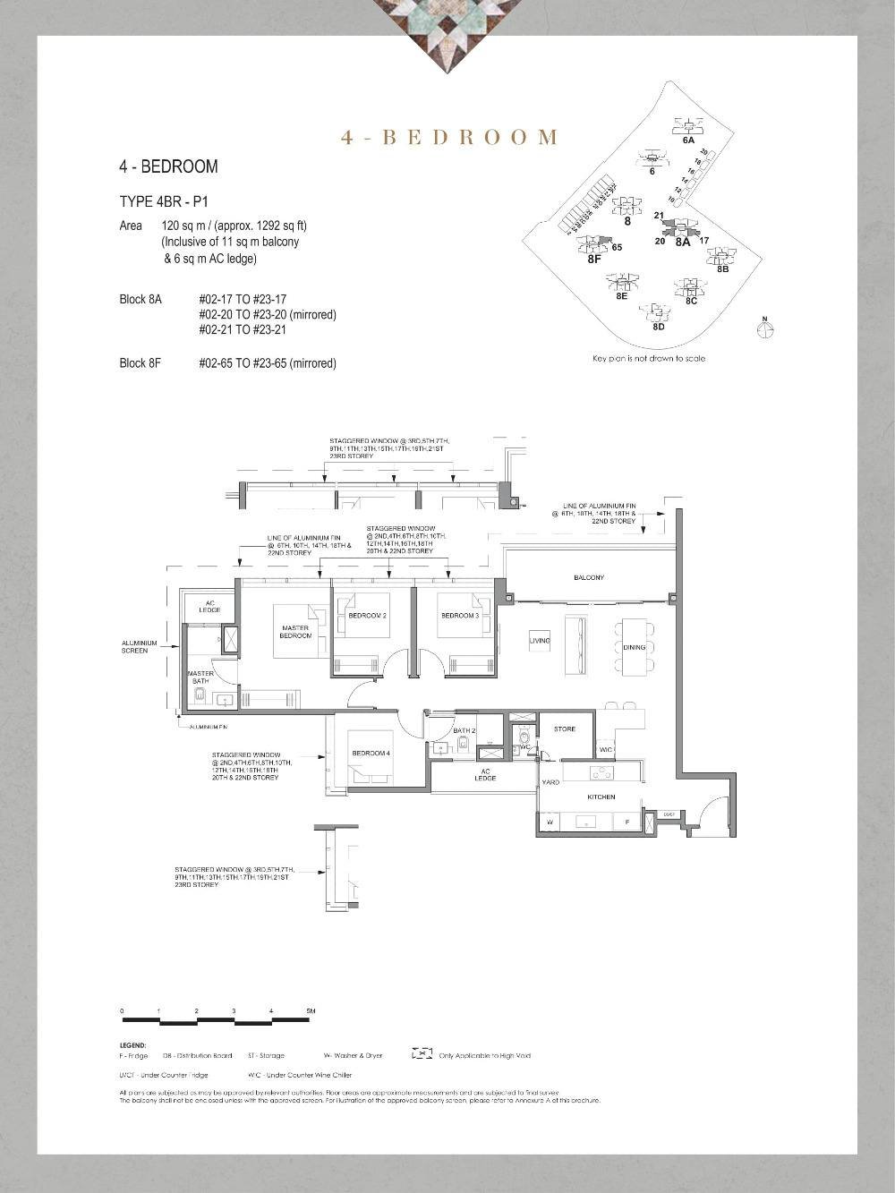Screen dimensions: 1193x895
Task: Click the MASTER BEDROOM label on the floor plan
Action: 295,632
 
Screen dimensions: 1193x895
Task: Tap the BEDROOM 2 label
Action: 367,616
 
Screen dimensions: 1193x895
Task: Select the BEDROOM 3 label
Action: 460,616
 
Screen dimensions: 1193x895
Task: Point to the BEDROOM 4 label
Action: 371,754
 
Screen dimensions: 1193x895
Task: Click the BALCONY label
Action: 588,578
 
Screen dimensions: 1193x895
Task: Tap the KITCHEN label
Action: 601,797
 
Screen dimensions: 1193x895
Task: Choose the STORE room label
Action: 565,729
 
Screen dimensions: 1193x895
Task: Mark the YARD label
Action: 550,783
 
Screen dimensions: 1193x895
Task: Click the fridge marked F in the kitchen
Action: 627,822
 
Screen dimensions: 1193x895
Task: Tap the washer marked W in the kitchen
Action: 549,822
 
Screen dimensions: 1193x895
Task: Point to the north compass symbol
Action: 765,329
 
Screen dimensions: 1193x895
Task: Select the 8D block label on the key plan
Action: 659,327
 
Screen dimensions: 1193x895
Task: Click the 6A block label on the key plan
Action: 688,141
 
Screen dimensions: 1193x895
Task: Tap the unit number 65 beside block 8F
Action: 618,247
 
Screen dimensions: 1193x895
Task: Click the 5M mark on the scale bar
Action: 311,1011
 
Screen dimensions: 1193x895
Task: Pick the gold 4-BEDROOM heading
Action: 449,137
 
